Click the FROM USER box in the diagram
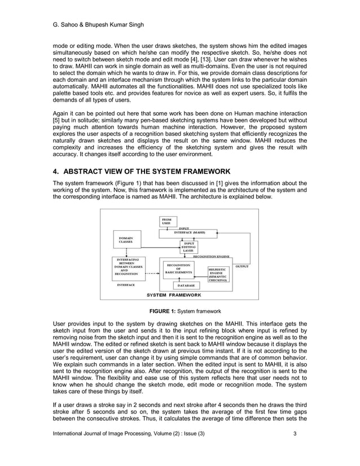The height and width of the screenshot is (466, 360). pyautogui.click(x=168, y=221)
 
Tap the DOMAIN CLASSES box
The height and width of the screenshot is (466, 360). pyautogui.click(x=126, y=240)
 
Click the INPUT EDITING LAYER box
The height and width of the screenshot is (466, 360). pyautogui.click(x=188, y=247)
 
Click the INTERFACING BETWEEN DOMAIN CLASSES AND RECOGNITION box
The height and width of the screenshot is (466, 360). pyautogui.click(x=126, y=266)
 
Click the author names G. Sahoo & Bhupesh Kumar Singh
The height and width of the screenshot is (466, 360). pyautogui.click(x=89, y=10)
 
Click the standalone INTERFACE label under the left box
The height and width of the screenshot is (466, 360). pyautogui.click(x=125, y=285)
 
